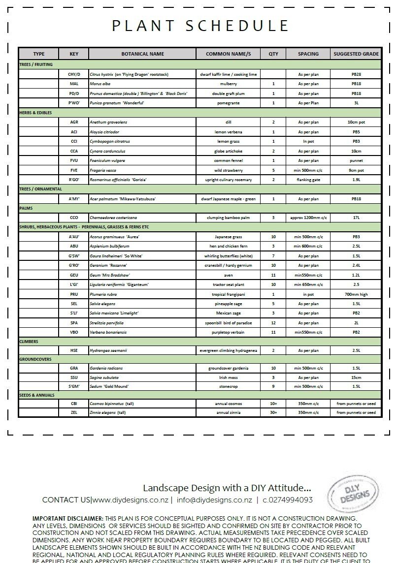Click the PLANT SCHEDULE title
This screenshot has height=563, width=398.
tap(200, 26)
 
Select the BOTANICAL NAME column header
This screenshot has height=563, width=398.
tap(142, 54)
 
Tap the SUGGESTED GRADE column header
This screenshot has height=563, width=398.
tap(356, 54)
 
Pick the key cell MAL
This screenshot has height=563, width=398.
tap(74, 84)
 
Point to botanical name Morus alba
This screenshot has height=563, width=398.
tap(100, 84)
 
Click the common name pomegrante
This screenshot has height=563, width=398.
tap(228, 103)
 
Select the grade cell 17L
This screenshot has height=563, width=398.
tap(356, 217)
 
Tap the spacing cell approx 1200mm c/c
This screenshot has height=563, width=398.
tap(308, 217)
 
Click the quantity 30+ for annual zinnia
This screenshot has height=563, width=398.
tap(273, 412)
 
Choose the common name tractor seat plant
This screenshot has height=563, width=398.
tap(228, 284)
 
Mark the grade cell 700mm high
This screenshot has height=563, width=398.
tap(356, 294)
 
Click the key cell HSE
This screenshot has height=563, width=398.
tap(74, 350)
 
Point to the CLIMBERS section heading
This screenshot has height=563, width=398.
tap(29, 341)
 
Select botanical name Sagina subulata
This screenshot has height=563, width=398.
tap(104, 377)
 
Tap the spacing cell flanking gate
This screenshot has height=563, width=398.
tap(308, 180)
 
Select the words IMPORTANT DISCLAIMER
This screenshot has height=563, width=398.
tap(68, 519)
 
